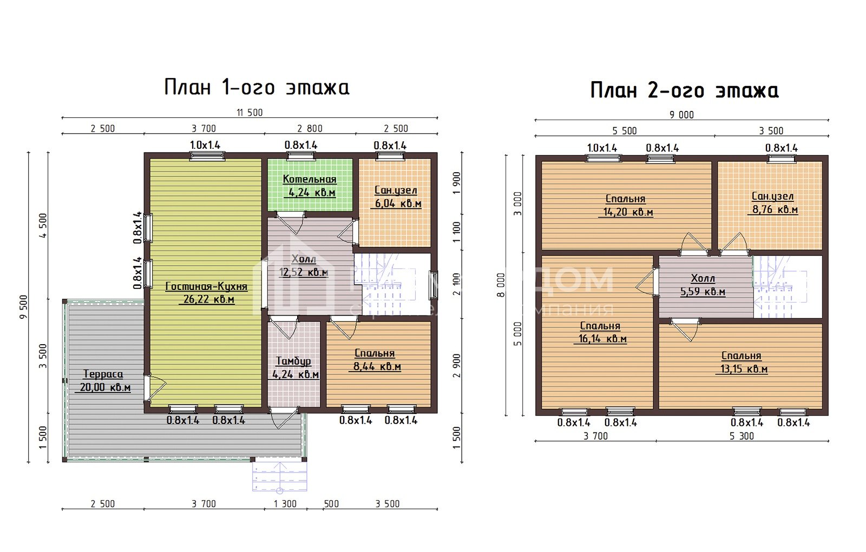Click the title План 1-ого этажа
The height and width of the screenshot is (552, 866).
tap(257, 87)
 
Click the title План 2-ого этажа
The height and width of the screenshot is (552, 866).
tap(684, 90)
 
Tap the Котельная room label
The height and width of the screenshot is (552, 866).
tap(310, 180)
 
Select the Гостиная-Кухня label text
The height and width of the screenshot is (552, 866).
tap(206, 287)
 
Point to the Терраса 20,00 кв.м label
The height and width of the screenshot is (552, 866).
tap(103, 380)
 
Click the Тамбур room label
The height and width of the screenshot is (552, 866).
tap(293, 362)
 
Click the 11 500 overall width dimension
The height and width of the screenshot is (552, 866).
tap(249, 113)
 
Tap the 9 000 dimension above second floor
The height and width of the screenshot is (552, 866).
tap(681, 115)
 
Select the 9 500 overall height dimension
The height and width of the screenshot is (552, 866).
tap(23, 307)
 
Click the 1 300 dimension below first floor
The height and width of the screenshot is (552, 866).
tap(285, 504)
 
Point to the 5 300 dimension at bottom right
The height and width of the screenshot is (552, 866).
tap(742, 436)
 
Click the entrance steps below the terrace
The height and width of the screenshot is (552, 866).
tap(279, 476)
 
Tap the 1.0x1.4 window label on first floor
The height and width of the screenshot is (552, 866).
tap(205, 145)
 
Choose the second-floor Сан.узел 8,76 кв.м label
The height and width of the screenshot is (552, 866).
tap(773, 203)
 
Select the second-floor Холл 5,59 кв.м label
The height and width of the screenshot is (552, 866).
tap(703, 285)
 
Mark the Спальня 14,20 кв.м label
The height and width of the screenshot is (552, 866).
tap(626, 206)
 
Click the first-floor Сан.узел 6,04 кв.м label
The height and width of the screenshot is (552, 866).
tap(396, 198)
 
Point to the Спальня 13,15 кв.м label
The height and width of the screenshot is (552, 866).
tap(742, 363)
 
